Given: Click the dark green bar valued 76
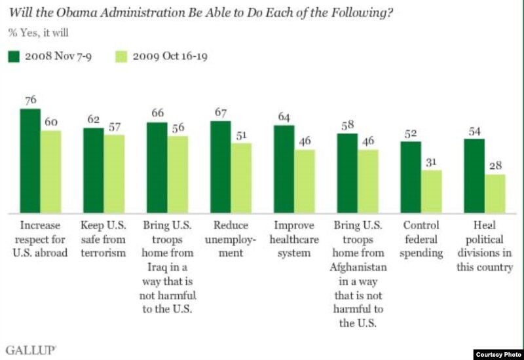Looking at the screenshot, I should pyautogui.click(x=30, y=161).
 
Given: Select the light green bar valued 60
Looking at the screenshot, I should pyautogui.click(x=50, y=171).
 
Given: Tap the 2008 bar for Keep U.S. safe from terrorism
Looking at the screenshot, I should pyautogui.click(x=93, y=170).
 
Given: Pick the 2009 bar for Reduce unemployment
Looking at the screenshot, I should pyautogui.click(x=240, y=178).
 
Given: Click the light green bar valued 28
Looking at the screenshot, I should pyautogui.click(x=495, y=194).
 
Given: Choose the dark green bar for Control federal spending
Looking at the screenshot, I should pyautogui.click(x=411, y=177).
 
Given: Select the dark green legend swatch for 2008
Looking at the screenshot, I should pyautogui.click(x=12, y=56).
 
